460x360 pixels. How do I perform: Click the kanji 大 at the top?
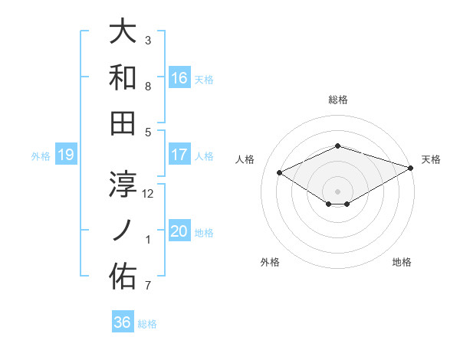click(123, 32)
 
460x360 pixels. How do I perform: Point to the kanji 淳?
click(123, 184)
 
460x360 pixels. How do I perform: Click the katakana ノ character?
click(123, 230)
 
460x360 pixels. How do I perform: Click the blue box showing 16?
click(179, 77)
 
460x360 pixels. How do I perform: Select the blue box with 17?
click(179, 155)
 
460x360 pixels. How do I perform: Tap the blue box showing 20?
click(179, 231)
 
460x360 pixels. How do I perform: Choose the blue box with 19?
click(65, 155)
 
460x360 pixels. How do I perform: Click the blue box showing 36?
click(123, 322)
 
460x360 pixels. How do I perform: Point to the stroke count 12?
click(149, 193)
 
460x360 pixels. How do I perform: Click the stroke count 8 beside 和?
click(148, 86)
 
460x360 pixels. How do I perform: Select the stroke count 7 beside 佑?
click(148, 286)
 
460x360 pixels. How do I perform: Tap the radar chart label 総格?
click(337, 100)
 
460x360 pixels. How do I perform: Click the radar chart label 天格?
click(431, 159)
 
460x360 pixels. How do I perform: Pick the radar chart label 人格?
click(245, 159)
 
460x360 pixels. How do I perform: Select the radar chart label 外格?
click(270, 262)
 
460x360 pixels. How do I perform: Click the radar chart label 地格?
click(402, 262)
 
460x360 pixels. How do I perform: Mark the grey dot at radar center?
click(337, 190)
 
